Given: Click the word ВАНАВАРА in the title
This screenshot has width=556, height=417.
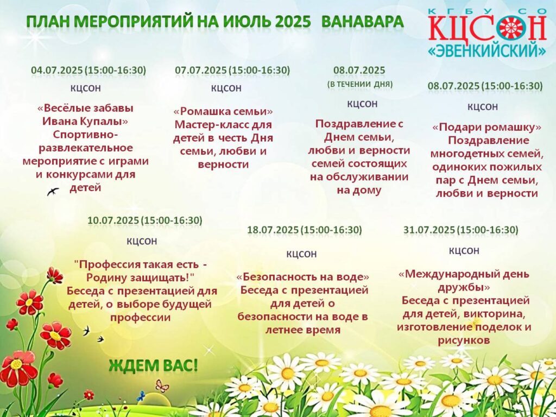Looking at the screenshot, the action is [x=362, y=22].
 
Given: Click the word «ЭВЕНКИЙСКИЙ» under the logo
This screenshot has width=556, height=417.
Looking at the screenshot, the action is [x=487, y=51].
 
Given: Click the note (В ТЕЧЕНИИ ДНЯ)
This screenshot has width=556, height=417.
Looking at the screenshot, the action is [x=359, y=84].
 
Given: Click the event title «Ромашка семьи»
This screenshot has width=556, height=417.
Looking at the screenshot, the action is [x=223, y=111].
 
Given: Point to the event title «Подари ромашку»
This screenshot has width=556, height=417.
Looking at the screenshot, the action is [x=487, y=127].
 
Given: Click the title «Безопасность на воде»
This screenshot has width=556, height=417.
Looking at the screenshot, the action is [x=303, y=276].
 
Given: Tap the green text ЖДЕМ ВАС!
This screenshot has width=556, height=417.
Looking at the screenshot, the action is [x=153, y=365].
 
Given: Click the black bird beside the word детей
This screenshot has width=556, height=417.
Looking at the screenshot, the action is [x=53, y=192].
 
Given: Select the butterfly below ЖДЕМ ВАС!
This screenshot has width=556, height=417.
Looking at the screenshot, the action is [x=162, y=386].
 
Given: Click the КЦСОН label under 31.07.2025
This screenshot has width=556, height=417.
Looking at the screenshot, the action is [x=464, y=251].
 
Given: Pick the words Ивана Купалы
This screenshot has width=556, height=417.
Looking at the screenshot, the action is [x=85, y=121].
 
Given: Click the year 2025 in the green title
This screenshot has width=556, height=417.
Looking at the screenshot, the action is [x=293, y=22].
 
